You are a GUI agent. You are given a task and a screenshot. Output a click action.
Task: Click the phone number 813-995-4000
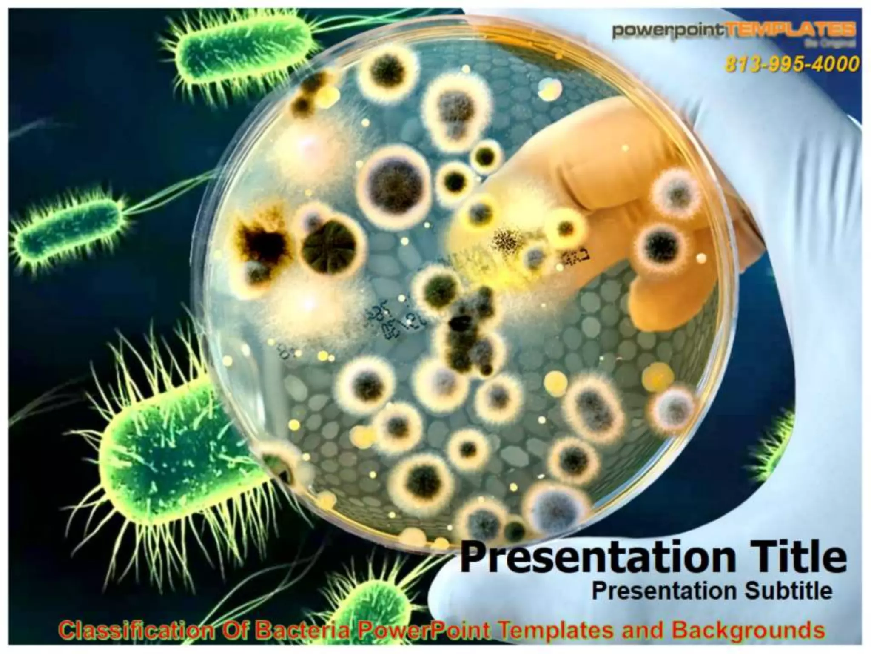[791, 64]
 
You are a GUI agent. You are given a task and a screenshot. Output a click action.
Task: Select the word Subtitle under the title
[788, 591]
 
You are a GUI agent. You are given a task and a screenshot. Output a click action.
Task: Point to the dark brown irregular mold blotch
[259, 238]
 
